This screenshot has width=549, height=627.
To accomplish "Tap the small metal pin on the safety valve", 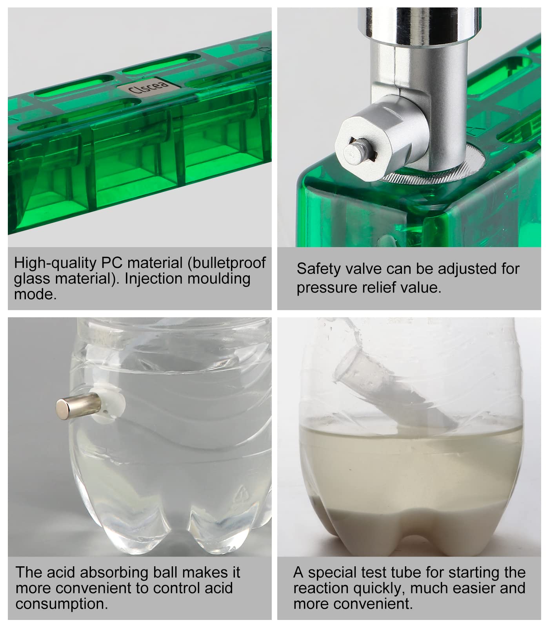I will click(353, 152).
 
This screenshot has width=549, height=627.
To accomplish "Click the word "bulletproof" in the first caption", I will click(227, 262).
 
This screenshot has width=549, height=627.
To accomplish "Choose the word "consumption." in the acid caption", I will click(62, 604).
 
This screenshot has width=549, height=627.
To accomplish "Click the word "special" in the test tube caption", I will click(332, 572).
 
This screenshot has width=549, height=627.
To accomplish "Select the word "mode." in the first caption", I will click(35, 294).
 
